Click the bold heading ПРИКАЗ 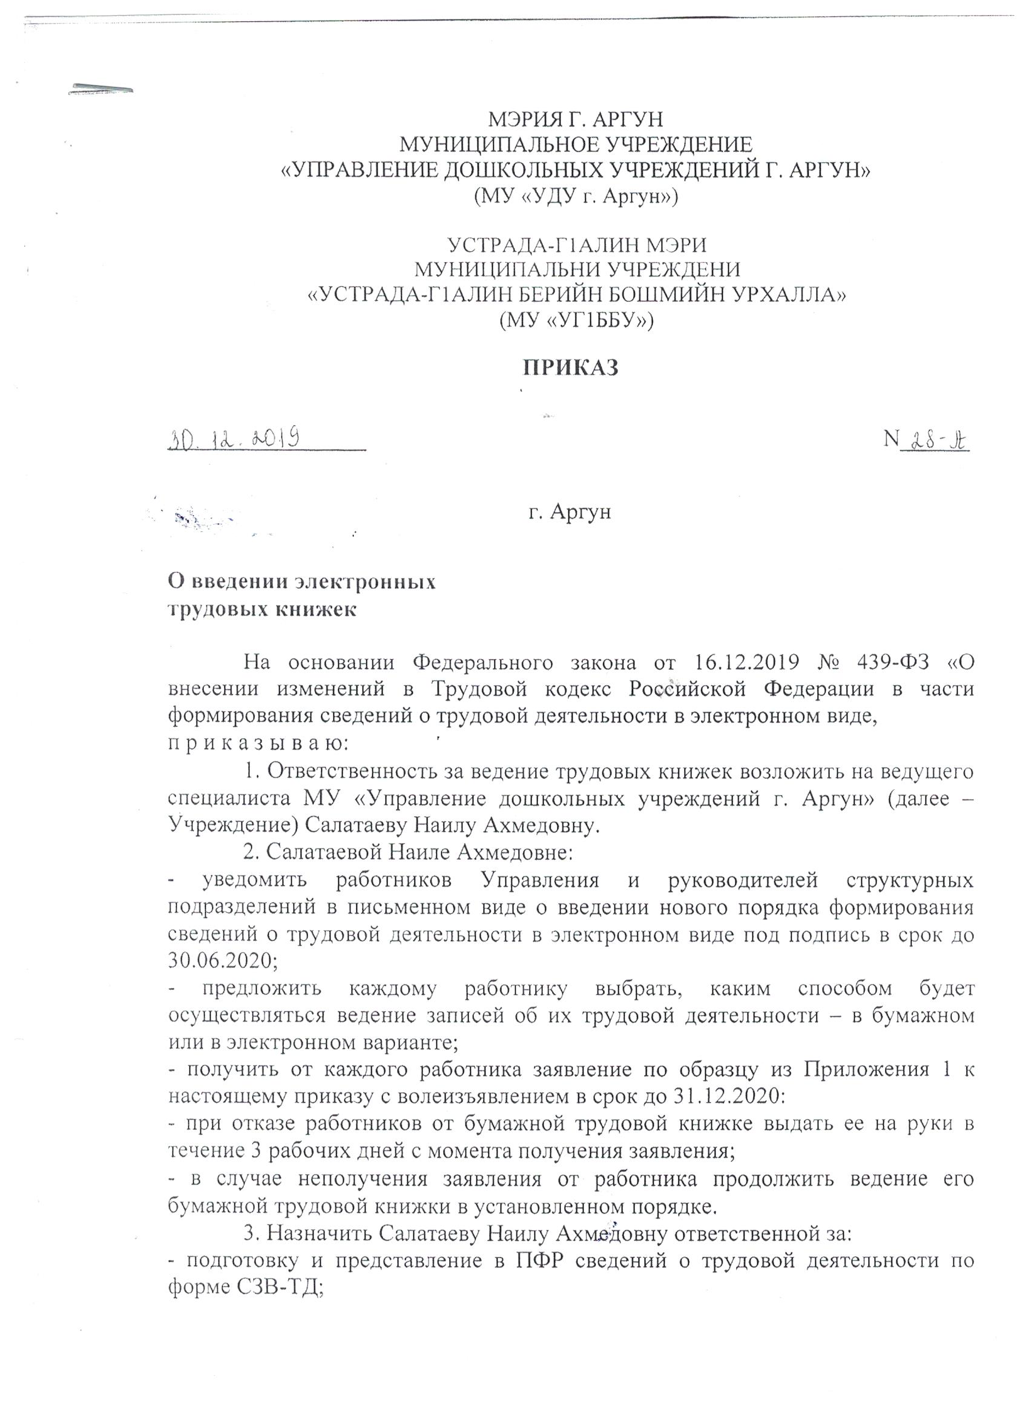point(570,367)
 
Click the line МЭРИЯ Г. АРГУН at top point(574,119)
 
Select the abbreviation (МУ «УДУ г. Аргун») point(574,197)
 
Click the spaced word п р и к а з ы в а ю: point(255,744)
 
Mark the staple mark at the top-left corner point(101,88)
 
